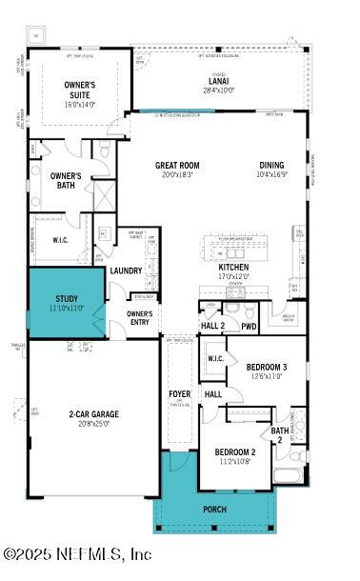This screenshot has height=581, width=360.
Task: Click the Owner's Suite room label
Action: (80, 90)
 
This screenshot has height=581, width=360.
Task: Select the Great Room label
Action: (177, 165)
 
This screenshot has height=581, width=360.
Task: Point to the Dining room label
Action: (272, 165)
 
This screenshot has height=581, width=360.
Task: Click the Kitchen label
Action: (234, 268)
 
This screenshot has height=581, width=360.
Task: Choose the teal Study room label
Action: (67, 298)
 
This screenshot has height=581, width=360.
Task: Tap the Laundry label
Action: (126, 270)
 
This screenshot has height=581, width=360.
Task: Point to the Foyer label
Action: (179, 393)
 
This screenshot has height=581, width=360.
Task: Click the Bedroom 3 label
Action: (267, 367)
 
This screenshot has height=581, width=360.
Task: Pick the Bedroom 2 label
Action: (234, 452)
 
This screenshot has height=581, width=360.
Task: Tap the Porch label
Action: (214, 510)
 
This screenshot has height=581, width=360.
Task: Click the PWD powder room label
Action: (249, 326)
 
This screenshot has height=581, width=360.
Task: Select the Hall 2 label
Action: (211, 326)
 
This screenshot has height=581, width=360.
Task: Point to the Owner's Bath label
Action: (66, 181)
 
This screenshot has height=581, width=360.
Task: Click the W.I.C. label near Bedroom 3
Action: (215, 358)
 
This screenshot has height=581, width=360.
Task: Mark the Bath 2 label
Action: (279, 435)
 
